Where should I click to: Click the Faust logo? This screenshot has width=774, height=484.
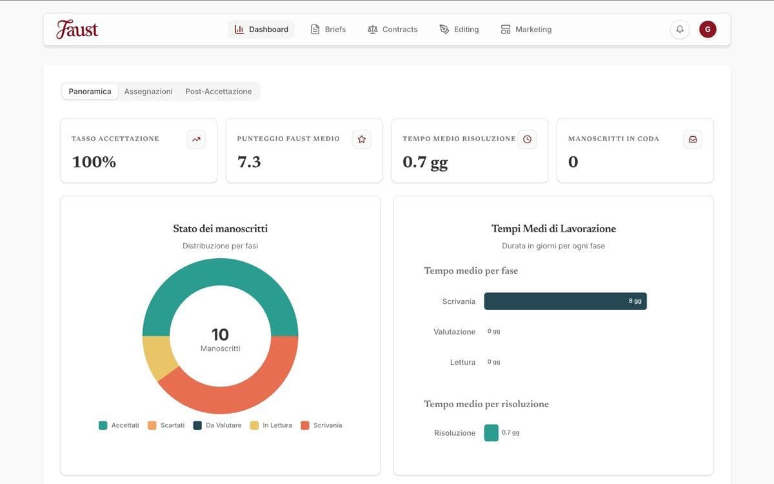point(77,29)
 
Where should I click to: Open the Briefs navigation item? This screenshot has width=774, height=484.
point(328,29)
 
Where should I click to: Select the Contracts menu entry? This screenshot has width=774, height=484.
point(392,29)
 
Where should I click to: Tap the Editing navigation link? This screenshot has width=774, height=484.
point(459,29)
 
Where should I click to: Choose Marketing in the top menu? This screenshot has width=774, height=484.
point(526,29)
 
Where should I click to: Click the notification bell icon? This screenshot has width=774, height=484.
point(680,29)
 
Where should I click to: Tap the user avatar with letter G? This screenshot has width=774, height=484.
point(708,29)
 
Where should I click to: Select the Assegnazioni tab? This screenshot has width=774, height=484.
point(148,92)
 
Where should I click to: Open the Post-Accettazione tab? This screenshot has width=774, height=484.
point(219,92)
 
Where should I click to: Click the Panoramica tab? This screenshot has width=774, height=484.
point(90,92)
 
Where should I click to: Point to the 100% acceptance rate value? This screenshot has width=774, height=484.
point(94,162)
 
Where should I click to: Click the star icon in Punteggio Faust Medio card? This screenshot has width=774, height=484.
point(362,139)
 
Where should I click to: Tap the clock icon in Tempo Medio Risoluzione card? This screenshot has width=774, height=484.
point(527,139)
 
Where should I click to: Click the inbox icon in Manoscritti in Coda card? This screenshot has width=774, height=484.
point(693,139)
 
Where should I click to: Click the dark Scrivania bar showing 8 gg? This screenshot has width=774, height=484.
point(565,301)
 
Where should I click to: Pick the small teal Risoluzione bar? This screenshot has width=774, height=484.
point(491,433)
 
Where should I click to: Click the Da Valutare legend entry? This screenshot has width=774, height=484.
point(217,425)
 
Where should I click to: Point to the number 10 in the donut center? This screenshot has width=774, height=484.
point(220,334)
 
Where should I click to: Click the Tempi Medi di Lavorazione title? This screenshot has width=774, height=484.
point(553,228)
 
